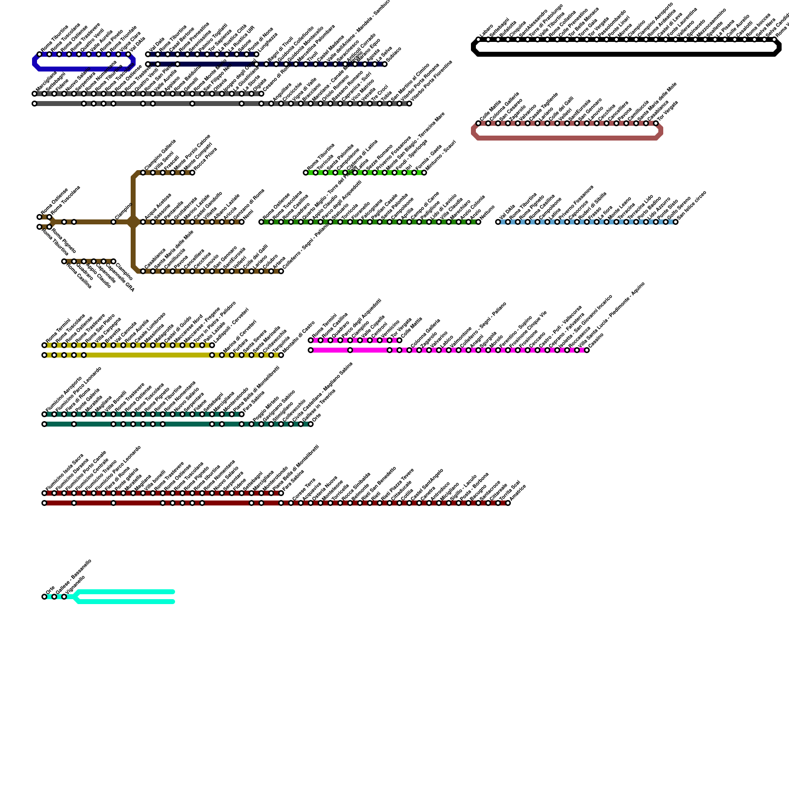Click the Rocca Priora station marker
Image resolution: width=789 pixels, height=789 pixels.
coord(192,173)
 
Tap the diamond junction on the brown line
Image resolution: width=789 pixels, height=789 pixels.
coord(133,222)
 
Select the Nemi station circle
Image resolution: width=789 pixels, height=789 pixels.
coord(242,222)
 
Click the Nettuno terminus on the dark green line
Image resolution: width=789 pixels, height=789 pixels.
coord(478,222)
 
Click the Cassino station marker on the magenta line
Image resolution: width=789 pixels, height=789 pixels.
coord(587,350)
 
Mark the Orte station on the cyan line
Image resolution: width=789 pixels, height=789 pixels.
coord(44,597)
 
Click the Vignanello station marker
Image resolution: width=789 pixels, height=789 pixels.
coord(64,597)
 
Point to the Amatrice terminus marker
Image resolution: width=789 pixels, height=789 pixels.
coord(508,503)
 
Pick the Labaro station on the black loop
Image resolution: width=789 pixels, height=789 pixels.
coord(478,39)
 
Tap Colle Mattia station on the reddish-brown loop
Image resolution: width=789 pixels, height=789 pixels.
coord(478,123)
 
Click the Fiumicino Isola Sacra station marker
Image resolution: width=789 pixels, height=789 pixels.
coord(44,493)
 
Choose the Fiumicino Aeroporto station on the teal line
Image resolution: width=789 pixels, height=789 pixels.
coord(44,414)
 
